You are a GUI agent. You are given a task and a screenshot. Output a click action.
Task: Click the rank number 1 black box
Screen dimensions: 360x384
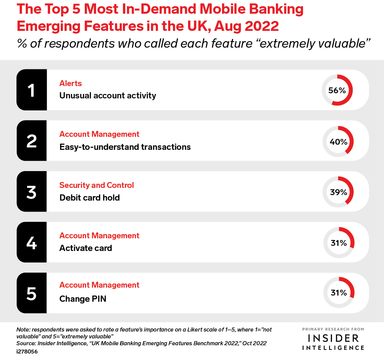[x=32, y=90]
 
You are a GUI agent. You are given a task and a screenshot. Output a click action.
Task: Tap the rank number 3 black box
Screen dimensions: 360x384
[x=32, y=192]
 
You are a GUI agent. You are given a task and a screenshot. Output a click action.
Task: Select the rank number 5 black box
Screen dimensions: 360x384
[x=32, y=293]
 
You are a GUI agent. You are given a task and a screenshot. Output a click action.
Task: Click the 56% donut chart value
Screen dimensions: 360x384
[x=337, y=91]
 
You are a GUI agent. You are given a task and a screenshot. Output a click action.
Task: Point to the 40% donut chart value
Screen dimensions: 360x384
[x=338, y=142]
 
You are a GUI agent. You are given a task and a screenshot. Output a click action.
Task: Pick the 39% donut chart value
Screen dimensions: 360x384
[x=338, y=192]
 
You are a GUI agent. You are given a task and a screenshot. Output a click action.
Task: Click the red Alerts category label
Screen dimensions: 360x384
[x=71, y=83]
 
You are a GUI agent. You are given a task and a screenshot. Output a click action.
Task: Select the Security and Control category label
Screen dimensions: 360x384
[x=96, y=185]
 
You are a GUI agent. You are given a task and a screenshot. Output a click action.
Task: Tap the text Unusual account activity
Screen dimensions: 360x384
[x=107, y=96]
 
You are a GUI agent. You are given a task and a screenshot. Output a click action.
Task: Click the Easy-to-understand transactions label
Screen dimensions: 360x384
[x=125, y=147]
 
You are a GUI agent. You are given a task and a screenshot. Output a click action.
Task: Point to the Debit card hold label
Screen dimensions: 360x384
[x=90, y=198]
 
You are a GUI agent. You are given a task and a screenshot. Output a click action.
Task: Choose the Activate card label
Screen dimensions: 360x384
[x=85, y=248]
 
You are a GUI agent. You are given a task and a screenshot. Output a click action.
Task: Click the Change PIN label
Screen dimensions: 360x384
[x=83, y=299]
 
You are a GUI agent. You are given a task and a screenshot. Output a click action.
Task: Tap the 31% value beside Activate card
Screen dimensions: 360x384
[x=339, y=243]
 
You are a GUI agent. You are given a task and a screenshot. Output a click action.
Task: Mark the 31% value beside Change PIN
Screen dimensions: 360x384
[x=339, y=293]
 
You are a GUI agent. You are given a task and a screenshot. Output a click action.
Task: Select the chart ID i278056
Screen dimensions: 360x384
[x=27, y=351]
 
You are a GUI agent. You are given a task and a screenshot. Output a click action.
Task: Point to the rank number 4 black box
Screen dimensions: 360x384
[x=32, y=242]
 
